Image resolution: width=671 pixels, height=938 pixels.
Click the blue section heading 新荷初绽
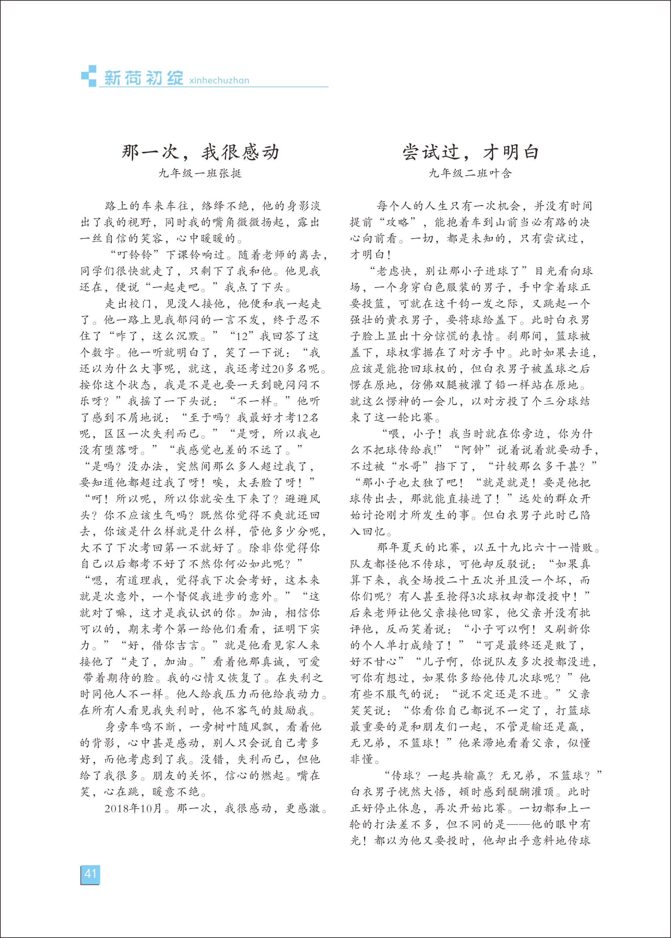point(143,78)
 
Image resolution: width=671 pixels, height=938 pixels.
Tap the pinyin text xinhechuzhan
point(219,81)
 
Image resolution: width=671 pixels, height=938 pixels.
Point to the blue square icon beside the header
point(88,76)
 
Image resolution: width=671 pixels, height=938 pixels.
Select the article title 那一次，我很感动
point(200,153)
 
